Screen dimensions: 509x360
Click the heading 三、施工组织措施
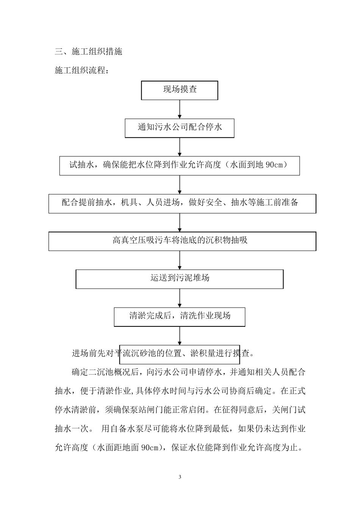coord(88,52)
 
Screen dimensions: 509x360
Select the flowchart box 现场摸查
coord(180,90)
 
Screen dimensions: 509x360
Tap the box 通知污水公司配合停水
coord(180,128)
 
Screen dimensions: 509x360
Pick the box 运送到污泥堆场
coord(180,278)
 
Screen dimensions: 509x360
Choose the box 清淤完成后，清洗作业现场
coord(180,316)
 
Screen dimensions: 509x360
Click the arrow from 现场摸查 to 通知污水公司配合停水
coord(180,109)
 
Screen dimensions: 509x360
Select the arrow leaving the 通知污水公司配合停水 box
coord(180,147)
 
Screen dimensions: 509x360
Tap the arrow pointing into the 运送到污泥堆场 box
coord(180,260)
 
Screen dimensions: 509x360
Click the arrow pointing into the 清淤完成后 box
coord(180,298)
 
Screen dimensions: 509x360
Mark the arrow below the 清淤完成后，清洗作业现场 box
coord(180,335)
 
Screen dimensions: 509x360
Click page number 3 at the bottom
coord(180,477)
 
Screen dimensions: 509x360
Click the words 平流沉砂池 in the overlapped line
coord(134,354)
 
